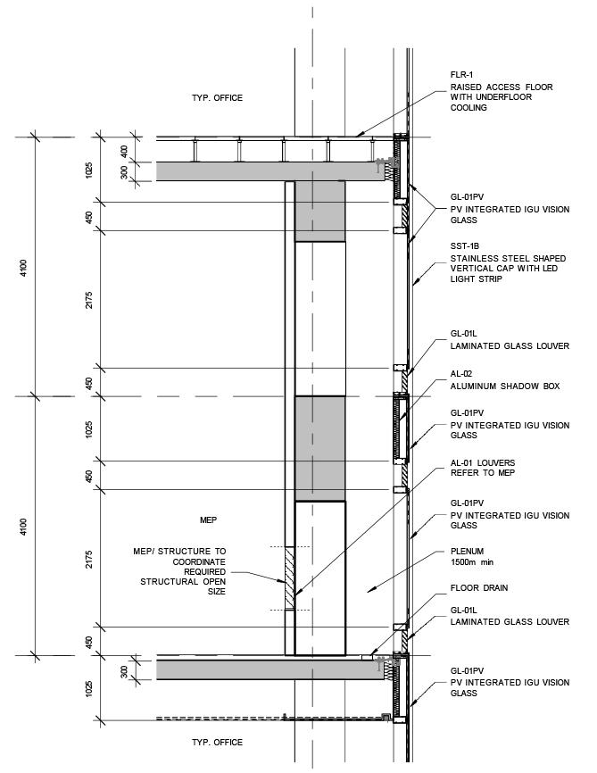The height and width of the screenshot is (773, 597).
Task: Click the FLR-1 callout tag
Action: tap(463, 77)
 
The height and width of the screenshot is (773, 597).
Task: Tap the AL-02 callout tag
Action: tap(462, 375)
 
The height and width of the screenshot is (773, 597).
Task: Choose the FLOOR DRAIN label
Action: tap(479, 588)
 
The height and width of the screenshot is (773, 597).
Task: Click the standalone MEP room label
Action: tap(209, 519)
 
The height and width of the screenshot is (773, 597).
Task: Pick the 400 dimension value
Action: tap(124, 150)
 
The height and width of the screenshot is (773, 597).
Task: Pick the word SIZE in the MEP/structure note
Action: tap(214, 591)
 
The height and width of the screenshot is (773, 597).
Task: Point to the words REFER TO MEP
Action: tap(483, 472)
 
